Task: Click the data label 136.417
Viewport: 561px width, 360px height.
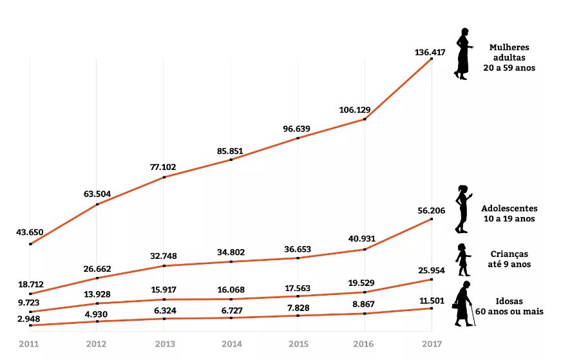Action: [x=430, y=52]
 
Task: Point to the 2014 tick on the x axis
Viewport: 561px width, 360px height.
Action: [x=231, y=345]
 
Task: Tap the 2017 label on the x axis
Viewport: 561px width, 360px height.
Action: [x=431, y=345]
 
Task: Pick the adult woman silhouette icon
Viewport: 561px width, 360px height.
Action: [x=462, y=54]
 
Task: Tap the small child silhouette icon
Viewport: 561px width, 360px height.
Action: [x=462, y=260]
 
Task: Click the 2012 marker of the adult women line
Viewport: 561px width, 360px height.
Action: [x=97, y=204]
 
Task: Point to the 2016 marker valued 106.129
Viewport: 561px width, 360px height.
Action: [x=365, y=119]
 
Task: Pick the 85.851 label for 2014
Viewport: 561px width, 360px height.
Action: [x=231, y=151]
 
